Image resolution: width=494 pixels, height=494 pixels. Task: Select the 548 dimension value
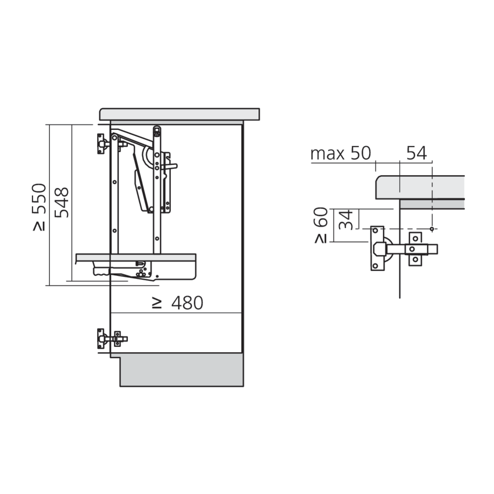(x=61, y=203)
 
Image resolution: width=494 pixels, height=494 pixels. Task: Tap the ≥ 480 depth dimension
(x=177, y=303)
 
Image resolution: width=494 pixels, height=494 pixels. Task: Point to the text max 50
(x=340, y=154)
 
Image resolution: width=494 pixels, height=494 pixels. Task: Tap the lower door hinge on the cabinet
(x=109, y=339)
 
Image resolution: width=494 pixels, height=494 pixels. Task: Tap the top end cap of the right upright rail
(x=157, y=130)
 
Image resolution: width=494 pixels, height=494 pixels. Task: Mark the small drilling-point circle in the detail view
(x=432, y=229)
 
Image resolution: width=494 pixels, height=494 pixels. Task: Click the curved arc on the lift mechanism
(x=147, y=157)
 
